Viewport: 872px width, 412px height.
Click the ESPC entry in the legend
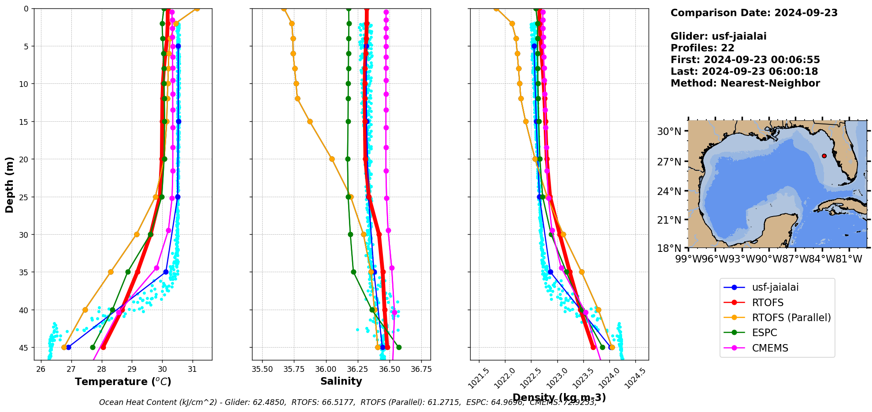(x=764, y=333)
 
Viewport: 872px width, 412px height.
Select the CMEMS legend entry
(x=770, y=348)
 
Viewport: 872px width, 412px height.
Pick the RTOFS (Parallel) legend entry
(x=791, y=318)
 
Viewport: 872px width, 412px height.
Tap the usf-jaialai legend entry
(x=775, y=287)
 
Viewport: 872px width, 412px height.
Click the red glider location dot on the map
(x=824, y=156)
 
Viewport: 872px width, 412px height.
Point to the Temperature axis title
(x=123, y=382)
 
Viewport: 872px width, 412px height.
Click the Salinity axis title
(x=341, y=382)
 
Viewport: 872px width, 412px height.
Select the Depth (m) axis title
(x=10, y=184)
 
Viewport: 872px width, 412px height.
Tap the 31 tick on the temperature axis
(x=192, y=369)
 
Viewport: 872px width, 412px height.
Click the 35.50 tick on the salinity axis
(x=262, y=369)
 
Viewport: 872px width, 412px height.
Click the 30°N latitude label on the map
(x=669, y=131)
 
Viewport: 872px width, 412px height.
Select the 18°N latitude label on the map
(x=669, y=248)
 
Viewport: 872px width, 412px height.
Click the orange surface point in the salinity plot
(x=284, y=9)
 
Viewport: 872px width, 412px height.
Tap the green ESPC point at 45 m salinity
(x=399, y=347)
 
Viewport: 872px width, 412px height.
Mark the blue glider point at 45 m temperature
(x=68, y=347)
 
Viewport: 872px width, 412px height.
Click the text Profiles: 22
(x=702, y=48)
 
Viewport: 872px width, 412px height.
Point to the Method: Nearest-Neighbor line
(x=745, y=83)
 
